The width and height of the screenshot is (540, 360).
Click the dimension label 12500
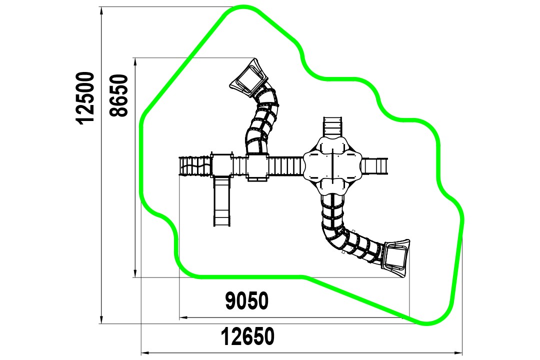(85, 98)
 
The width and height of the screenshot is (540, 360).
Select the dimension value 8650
(119, 95)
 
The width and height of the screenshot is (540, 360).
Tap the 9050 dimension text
(246, 300)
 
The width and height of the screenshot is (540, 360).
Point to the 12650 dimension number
(247, 336)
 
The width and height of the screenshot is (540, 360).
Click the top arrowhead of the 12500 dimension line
(101, 10)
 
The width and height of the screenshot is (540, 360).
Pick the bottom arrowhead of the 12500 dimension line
(101, 319)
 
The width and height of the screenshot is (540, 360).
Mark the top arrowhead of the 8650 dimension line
(135, 61)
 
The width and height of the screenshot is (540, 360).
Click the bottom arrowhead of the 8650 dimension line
(135, 273)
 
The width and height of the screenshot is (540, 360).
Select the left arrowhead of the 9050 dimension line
(183, 317)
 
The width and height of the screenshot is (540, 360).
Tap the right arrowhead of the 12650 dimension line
(458, 353)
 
